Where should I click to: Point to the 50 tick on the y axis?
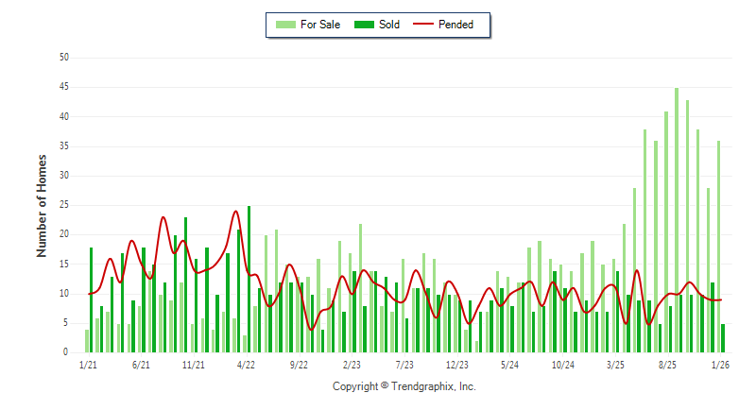click(64, 58)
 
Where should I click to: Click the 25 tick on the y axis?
click(64, 205)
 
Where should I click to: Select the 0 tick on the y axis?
click(67, 352)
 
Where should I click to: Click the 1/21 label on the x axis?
click(88, 365)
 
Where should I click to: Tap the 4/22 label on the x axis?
click(246, 365)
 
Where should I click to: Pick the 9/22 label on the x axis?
click(299, 365)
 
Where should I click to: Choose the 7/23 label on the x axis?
click(404, 365)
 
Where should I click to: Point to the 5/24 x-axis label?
click(510, 365)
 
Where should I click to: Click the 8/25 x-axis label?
click(668, 365)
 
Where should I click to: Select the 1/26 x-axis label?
click(720, 365)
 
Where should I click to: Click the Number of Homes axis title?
click(42, 205)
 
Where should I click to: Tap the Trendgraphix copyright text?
click(404, 386)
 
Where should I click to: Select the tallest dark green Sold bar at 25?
click(249, 279)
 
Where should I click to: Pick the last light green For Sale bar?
click(718, 247)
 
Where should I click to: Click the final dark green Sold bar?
click(723, 338)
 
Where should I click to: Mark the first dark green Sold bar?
click(92, 299)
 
